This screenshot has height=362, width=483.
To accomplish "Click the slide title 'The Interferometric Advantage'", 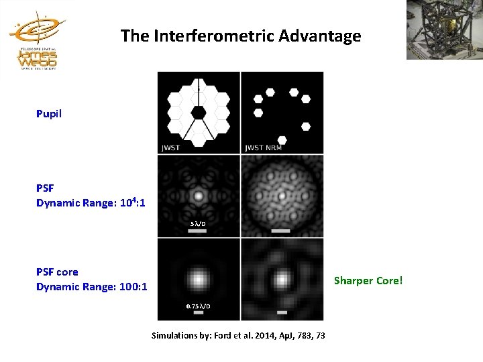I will pos(241,36).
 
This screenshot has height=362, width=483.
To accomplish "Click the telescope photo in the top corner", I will pos(444,29).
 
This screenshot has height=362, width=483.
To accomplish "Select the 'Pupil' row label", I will pos(49,114).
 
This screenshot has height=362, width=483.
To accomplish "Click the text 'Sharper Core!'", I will pos(368,280).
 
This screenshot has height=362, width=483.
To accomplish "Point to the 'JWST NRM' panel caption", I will pos(263,147).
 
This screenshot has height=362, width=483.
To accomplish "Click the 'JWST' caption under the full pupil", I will pos(171,147).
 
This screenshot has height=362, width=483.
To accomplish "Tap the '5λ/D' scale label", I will pos(198,223).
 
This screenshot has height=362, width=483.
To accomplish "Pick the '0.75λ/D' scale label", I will pos(198,306).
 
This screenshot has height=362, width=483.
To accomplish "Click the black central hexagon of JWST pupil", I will pos(199,113).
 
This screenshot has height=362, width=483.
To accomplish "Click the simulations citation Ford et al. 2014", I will pos(238,335).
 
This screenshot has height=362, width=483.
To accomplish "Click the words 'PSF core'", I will pos(57,272).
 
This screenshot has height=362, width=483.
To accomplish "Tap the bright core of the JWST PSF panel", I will pos(199,196).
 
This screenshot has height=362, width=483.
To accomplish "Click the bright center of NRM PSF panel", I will pos(282,196).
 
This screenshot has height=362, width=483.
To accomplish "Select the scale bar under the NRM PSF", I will pos(282,231).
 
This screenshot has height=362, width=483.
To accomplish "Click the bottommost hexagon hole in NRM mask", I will pos(282,140).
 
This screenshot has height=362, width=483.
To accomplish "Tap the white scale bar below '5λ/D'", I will pos(198,231).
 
